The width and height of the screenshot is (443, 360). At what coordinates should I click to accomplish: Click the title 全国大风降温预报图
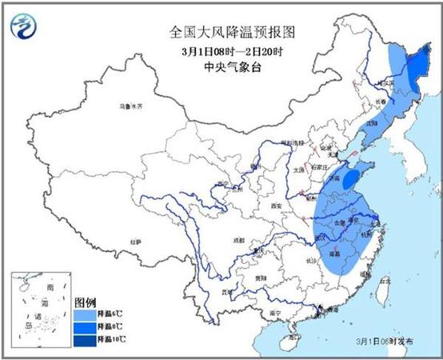[x=221, y=33]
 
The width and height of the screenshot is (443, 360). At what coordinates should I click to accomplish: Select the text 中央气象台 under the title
[x=221, y=68]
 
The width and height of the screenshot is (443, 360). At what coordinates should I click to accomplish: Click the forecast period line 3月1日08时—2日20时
[x=221, y=51]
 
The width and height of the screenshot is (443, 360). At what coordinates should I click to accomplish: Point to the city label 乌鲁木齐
[x=130, y=106]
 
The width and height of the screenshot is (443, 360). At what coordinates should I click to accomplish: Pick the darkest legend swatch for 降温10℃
[x=82, y=339]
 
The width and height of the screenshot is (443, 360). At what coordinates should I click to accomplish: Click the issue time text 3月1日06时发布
[x=385, y=342]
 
